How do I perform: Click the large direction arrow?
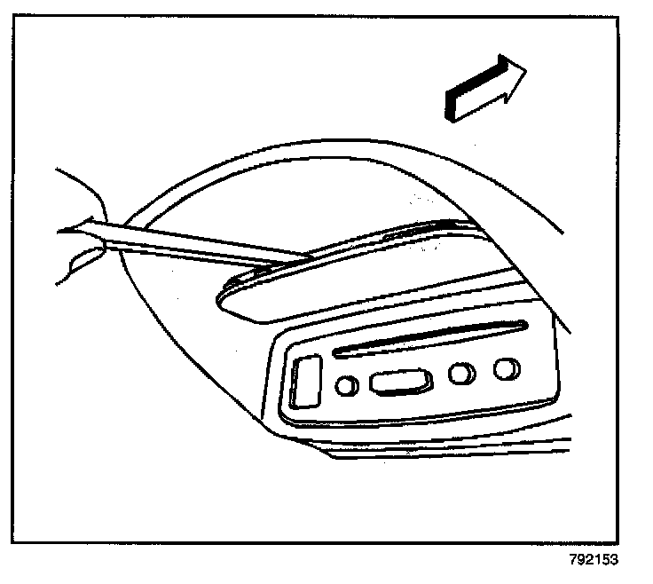pyautogui.click(x=485, y=88)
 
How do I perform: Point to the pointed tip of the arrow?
pyautogui.click(x=524, y=71)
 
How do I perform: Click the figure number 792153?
pyautogui.click(x=594, y=560)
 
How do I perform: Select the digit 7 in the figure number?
pyautogui.click(x=574, y=560)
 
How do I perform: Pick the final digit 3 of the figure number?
pyautogui.click(x=613, y=560)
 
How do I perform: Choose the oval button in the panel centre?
pyautogui.click(x=400, y=382)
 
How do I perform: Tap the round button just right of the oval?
pyautogui.click(x=460, y=374)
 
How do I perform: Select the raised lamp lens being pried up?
pyautogui.click(x=355, y=271)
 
